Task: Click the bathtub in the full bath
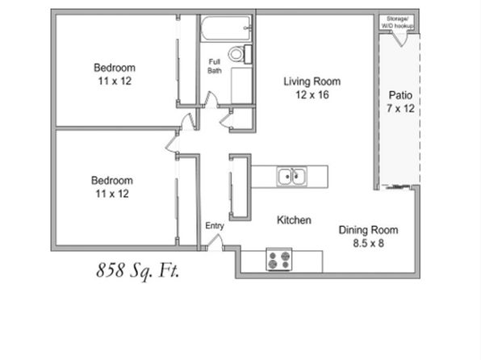click(x=226, y=28)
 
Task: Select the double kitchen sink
click(x=291, y=177)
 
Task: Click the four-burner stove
click(x=279, y=260)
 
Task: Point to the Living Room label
click(x=312, y=82)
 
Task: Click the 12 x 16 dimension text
click(x=312, y=94)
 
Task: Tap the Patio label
click(x=400, y=95)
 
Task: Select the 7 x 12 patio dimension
click(x=400, y=108)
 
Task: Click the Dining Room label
click(x=368, y=230)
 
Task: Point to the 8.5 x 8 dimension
click(x=368, y=244)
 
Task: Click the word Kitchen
click(x=294, y=220)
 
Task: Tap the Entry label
click(x=215, y=226)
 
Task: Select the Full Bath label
click(x=215, y=66)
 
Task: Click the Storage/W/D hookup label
click(x=397, y=23)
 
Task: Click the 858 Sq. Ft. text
click(x=138, y=270)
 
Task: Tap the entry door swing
click(x=215, y=241)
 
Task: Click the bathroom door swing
click(x=211, y=99)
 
